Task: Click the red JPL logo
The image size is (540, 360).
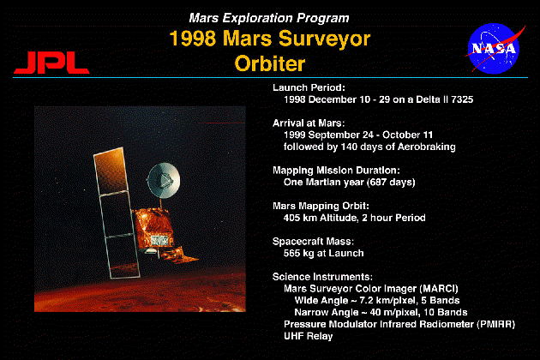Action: pos(51,63)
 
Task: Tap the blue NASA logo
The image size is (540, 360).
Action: pos(494,48)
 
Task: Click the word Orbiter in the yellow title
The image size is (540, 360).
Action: pos(270,63)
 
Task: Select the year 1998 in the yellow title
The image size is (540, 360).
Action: pos(193,38)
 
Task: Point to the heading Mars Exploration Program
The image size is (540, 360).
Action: pos(269,18)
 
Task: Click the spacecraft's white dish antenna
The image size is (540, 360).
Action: pos(164,180)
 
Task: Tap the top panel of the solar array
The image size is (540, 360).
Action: pos(111,171)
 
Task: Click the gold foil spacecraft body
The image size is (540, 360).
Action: pos(153,227)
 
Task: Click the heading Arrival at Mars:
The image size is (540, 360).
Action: pos(309,123)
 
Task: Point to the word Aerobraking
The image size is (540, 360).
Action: pos(426,147)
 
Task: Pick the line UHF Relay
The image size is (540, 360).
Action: pos(308,336)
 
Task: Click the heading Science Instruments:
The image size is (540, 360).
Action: pos(322,277)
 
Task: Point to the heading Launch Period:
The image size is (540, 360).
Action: pos(309,87)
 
